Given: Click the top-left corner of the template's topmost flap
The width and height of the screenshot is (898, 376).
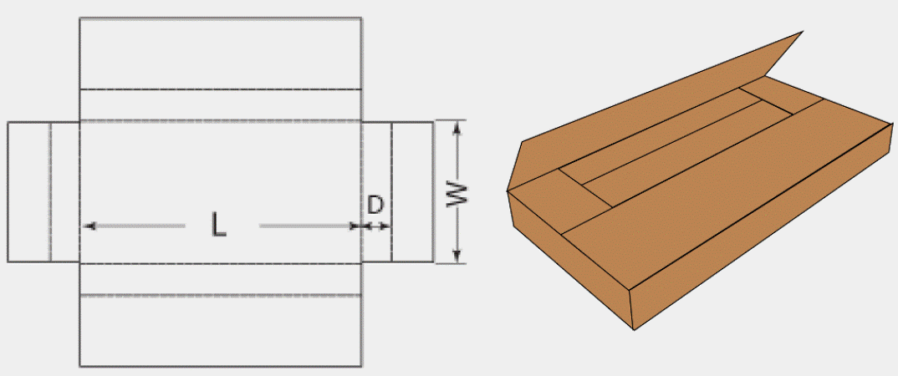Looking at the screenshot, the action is [x=79, y=18].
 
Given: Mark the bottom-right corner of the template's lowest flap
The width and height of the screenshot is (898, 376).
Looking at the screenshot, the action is [x=361, y=366].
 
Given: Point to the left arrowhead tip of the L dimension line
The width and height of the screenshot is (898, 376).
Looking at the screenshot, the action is [x=84, y=226].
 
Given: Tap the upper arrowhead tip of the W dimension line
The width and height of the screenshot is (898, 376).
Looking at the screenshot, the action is [x=457, y=122].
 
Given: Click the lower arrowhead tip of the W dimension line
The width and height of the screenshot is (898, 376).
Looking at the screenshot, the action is [x=457, y=262].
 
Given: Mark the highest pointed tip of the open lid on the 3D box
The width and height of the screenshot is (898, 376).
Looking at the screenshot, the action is [x=803, y=32].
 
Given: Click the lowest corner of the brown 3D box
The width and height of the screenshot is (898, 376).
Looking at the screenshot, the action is [x=634, y=330].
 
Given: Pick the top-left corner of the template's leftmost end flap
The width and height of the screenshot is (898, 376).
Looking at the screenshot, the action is [x=8, y=122].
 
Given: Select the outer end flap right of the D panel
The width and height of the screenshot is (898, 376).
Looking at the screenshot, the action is [x=412, y=191].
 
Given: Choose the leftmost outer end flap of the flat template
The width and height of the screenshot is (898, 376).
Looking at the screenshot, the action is [x=29, y=191].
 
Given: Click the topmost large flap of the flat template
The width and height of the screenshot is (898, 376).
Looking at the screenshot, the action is [x=221, y=53].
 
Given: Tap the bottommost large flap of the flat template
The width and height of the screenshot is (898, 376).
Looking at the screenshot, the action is [x=221, y=331].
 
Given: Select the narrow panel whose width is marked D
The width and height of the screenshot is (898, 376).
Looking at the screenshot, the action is [x=377, y=191].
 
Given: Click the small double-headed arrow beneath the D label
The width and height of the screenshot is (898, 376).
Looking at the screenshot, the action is [x=377, y=226].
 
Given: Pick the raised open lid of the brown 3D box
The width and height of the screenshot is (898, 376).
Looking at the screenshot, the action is [x=654, y=112].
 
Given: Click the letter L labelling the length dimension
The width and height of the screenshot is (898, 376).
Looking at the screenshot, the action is [x=218, y=224].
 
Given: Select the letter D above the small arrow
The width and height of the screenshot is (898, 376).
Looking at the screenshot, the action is [x=375, y=205].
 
